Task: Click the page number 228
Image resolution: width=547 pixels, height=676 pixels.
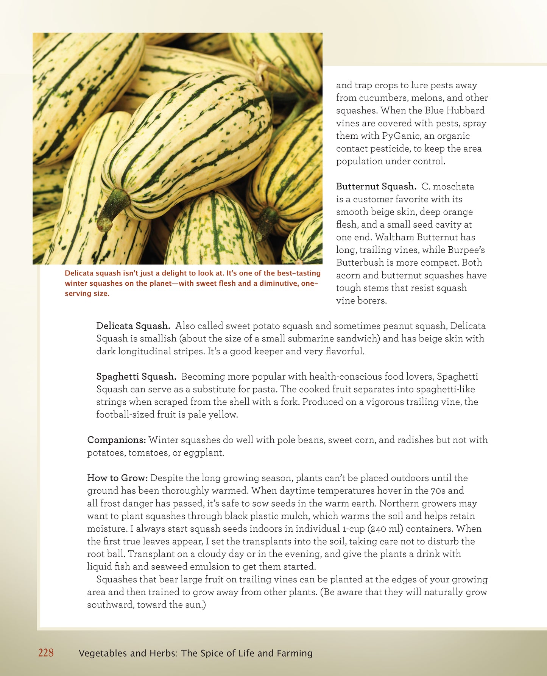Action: pos(46,653)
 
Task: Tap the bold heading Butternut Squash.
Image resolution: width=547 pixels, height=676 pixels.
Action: pos(376,186)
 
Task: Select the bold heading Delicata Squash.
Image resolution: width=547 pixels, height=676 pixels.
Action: pos(133,326)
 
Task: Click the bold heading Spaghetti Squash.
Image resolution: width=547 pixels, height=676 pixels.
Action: pos(136,377)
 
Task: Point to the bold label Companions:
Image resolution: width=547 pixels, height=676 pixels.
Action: pos(117,440)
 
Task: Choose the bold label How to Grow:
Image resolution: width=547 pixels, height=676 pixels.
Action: pos(117,478)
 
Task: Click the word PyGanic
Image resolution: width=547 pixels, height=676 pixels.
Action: pos(402,136)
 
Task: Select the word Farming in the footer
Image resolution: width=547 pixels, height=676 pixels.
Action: pos(294,653)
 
